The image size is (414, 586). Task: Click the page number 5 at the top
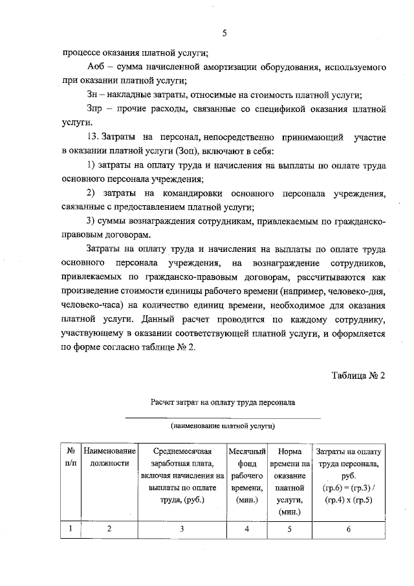223,33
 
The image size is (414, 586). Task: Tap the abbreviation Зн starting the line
92,95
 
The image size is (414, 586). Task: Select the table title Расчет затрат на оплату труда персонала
223,402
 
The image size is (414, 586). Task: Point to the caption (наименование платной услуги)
223,427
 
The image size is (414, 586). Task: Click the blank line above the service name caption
223,418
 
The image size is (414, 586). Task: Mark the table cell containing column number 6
348,529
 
